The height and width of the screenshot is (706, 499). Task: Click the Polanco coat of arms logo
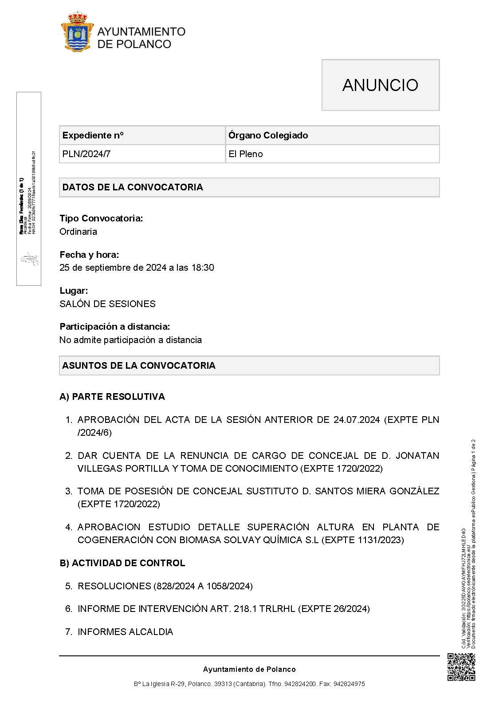click(x=77, y=32)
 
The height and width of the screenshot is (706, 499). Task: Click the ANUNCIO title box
click(x=380, y=85)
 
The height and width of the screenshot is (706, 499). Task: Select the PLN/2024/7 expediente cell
click(x=86, y=154)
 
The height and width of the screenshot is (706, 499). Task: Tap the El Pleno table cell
click(x=246, y=154)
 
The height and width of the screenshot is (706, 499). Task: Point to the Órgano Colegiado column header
click(x=268, y=135)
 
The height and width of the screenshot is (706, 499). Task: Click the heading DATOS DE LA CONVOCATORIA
click(x=133, y=187)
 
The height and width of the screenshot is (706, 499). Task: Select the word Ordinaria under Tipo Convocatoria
click(x=78, y=232)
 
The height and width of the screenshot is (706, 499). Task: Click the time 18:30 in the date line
click(x=203, y=268)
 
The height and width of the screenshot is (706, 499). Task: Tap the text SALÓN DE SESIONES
click(x=107, y=304)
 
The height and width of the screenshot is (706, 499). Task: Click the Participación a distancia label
click(x=115, y=327)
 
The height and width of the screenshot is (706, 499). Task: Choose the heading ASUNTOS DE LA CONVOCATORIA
click(x=139, y=366)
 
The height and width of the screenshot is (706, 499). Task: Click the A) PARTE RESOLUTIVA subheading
click(x=112, y=397)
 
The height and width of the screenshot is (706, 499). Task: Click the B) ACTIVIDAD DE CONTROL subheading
click(x=122, y=563)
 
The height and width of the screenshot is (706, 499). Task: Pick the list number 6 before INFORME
click(x=68, y=609)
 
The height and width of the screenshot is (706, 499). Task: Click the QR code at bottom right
click(x=461, y=667)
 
